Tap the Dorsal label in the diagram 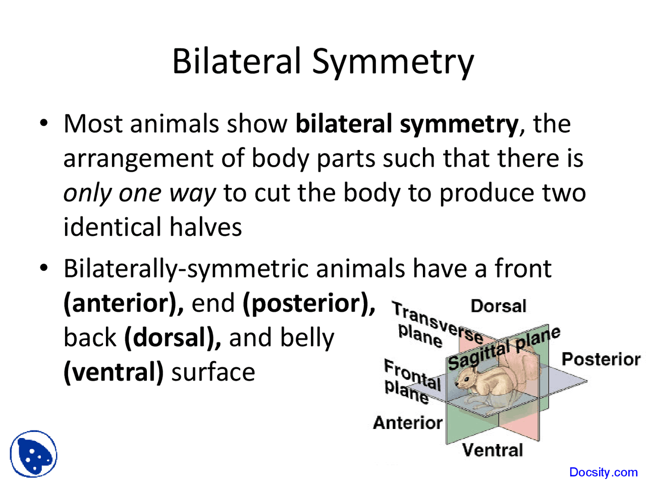coord(498,306)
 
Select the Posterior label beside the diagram coord(601,359)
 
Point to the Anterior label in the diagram coord(408,422)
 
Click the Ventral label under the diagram coord(492,450)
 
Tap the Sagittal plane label coord(503,349)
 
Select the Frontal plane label coord(411,381)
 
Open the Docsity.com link coord(603,472)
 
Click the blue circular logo coord(33,454)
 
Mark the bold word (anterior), coord(123,303)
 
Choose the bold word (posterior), coord(309,303)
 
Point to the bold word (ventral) coord(114,372)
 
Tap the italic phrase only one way coord(139,193)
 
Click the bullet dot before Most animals coord(44,123)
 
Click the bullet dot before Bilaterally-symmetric coord(44,268)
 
